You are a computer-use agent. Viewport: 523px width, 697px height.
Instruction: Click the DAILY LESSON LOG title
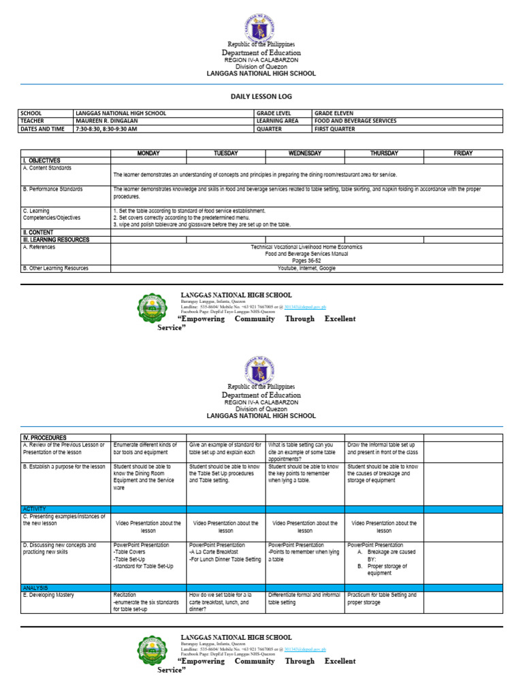pyautogui.click(x=261, y=97)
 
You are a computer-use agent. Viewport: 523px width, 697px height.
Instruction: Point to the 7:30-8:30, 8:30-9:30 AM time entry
pyautogui.click(x=106, y=129)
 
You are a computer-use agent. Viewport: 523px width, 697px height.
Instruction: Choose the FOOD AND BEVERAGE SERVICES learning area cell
pyautogui.click(x=355, y=120)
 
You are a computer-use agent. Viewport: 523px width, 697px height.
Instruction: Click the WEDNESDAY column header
pyautogui.click(x=305, y=153)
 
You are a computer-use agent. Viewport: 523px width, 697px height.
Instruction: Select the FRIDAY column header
pyautogui.click(x=463, y=153)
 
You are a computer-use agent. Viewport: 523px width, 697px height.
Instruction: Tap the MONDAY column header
pyautogui.click(x=148, y=153)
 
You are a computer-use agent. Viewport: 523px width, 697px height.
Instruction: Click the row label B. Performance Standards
pyautogui.click(x=53, y=189)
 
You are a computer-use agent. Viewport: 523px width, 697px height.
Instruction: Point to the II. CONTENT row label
pyautogui.click(x=40, y=232)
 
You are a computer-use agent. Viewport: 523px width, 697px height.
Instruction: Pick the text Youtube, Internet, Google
pyautogui.click(x=306, y=268)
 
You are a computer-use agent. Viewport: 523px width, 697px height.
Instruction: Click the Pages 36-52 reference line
pyautogui.click(x=306, y=261)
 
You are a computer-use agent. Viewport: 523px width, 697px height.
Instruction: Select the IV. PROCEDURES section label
pyautogui.click(x=45, y=437)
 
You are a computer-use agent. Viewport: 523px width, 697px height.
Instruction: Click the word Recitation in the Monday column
pyautogui.click(x=125, y=595)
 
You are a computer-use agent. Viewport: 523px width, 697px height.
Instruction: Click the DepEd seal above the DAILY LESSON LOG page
pyautogui.click(x=261, y=31)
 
